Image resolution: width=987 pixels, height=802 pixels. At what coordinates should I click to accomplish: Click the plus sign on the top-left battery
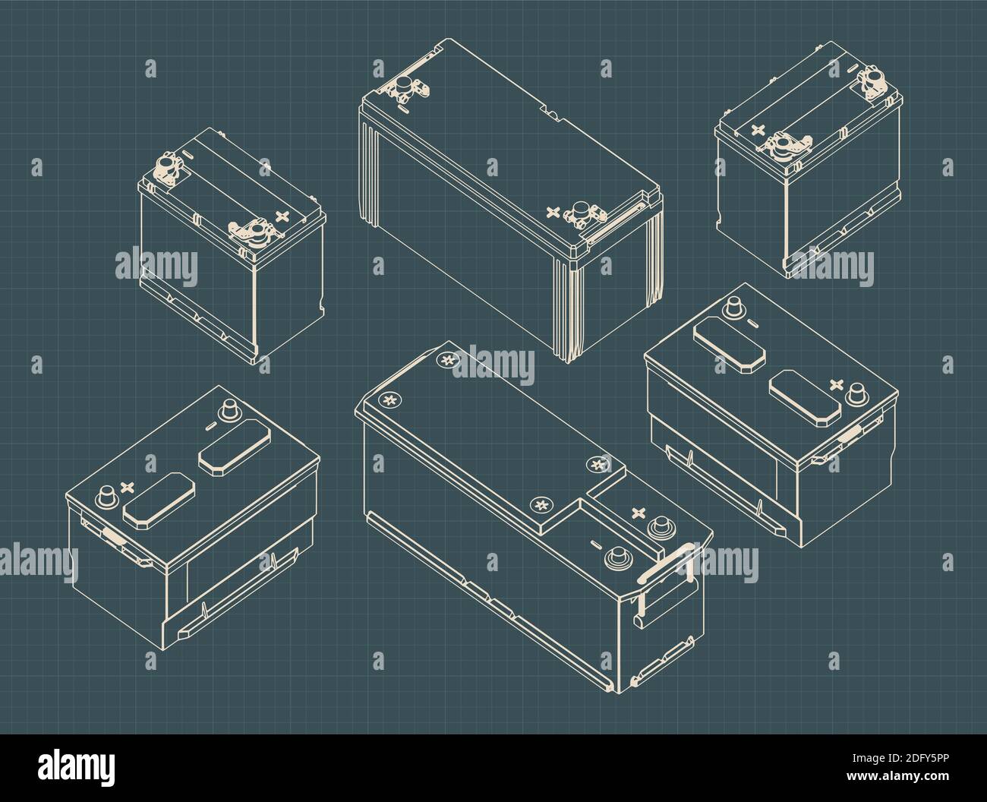point(283,216)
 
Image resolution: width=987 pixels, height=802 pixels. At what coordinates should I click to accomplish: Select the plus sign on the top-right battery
point(757,130)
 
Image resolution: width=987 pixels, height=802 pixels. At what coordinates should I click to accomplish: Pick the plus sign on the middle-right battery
point(837,384)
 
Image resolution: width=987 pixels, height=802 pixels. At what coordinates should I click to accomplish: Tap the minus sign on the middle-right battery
point(750,322)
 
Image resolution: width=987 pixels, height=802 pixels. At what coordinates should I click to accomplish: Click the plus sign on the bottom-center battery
point(637,513)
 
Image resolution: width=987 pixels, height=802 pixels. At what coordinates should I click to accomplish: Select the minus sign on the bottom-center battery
point(594,544)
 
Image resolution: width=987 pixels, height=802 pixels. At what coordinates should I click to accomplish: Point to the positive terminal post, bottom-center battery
point(658,525)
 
